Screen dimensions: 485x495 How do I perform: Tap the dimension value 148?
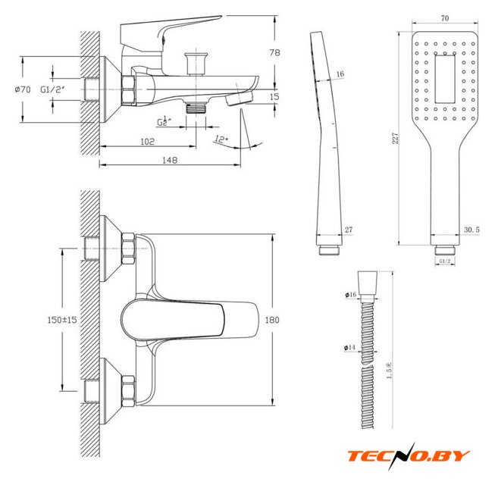click(170, 160)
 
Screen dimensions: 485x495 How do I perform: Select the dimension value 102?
click(147, 141)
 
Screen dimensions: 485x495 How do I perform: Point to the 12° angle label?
click(221, 139)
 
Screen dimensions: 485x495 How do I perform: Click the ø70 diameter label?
click(22, 89)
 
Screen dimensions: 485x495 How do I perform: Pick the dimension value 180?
click(273, 320)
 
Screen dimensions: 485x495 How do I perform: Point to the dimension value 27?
click(348, 230)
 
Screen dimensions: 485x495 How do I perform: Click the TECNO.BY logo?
click(409, 456)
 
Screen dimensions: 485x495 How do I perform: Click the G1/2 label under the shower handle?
click(445, 261)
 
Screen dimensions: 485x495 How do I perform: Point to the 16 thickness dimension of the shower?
click(340, 74)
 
